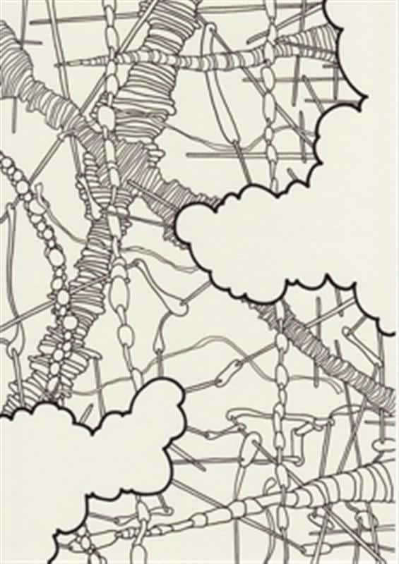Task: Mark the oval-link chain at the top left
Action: (x=109, y=70)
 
